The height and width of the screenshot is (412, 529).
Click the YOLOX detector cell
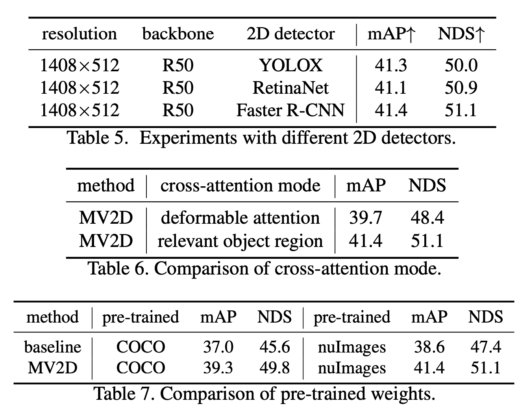pos(290,65)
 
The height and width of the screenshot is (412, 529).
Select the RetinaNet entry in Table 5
pos(290,88)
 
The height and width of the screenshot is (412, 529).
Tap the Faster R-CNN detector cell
pos(290,110)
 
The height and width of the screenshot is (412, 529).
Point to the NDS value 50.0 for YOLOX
pos(461,65)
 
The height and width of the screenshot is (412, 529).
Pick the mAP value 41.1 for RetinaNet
pos(390,88)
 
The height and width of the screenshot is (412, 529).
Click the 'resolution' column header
pos(79,34)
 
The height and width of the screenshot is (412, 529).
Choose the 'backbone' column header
pos(178,34)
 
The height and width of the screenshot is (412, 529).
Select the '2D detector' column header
pos(290,34)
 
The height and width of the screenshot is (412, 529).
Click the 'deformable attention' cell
pos(240,218)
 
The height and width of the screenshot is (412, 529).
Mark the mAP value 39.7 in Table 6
pos(365,218)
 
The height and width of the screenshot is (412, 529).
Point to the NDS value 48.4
pos(427,218)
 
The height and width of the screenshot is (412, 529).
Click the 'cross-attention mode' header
pos(240,186)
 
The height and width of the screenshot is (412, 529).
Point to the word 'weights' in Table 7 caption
pos(404,393)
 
